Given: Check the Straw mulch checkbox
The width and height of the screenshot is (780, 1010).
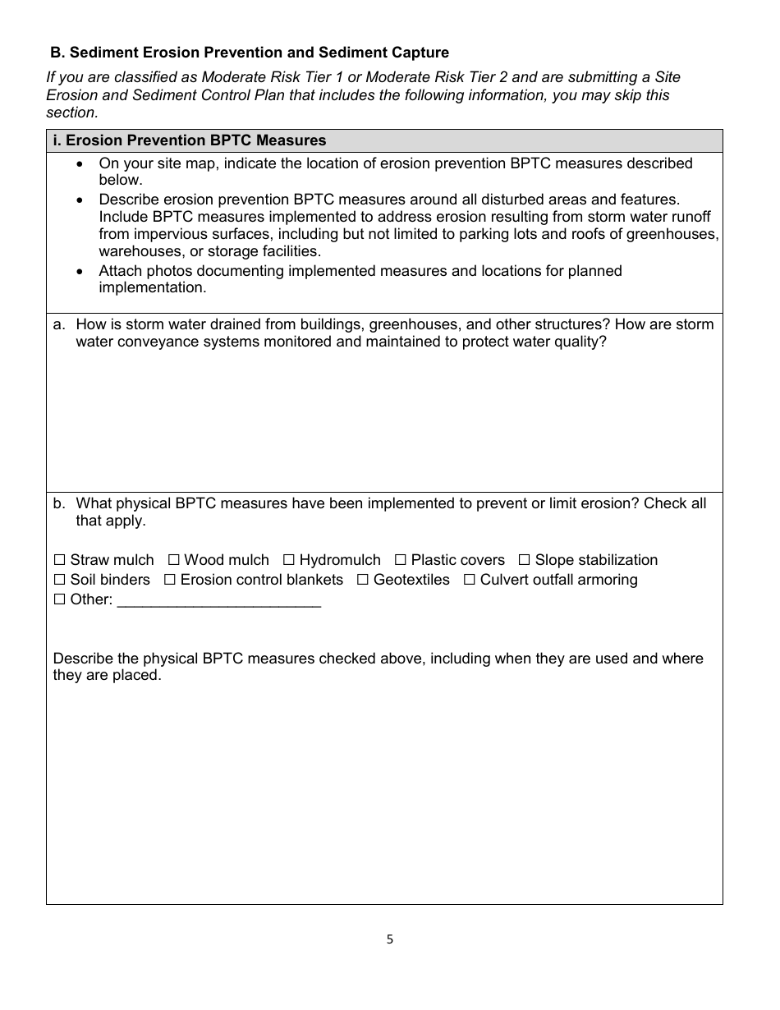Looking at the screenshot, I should (x=59, y=560).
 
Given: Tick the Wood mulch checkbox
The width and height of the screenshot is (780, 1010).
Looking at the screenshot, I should (x=173, y=560).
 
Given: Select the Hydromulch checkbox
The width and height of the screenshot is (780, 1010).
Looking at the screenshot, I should (x=288, y=560).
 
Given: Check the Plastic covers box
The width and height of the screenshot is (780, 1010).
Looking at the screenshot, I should (x=400, y=560).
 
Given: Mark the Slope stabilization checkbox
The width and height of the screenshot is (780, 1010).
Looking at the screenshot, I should (x=524, y=560).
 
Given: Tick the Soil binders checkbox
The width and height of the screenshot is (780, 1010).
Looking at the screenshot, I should (x=59, y=580).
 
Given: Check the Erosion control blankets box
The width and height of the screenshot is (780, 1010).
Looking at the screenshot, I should (x=169, y=580).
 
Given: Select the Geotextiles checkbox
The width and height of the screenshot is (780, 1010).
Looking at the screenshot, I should (x=362, y=580).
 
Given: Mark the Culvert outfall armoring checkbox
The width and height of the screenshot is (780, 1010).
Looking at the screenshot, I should (x=469, y=580).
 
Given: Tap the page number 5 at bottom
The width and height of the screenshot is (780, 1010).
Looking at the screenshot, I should (x=390, y=939).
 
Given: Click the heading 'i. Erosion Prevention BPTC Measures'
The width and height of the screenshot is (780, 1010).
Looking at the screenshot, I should (x=189, y=140).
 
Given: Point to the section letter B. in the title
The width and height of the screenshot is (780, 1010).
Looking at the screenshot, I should (x=57, y=53).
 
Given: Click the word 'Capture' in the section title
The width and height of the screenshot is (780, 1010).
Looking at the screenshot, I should (x=420, y=53).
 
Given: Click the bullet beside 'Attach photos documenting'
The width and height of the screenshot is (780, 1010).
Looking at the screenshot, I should (x=79, y=270).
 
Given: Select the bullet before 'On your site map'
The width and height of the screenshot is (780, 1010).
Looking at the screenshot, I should (x=79, y=163).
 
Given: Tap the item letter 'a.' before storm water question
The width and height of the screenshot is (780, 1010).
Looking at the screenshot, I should (x=59, y=324).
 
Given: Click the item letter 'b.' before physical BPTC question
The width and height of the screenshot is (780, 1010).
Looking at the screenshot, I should (x=59, y=503).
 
